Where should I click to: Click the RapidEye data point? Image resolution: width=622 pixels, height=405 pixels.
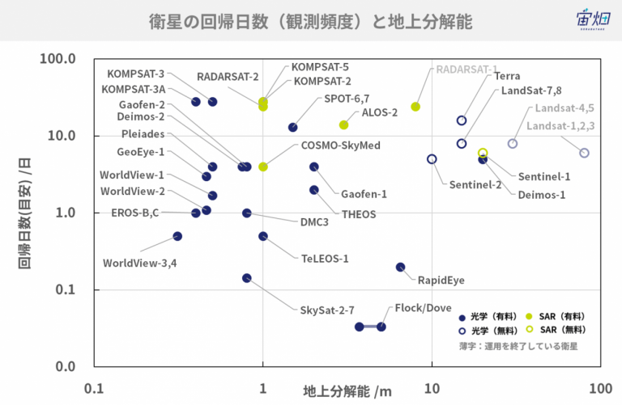[401, 268]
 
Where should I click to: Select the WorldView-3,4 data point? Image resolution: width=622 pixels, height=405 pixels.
[177, 236]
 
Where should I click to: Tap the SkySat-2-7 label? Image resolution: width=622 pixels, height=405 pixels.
[327, 310]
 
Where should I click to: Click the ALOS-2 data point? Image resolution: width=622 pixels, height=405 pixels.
[344, 125]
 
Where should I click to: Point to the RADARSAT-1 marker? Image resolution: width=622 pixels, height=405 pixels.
[415, 107]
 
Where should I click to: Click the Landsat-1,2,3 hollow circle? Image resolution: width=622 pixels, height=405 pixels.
[584, 153]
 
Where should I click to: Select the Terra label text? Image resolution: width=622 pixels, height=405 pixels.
[507, 76]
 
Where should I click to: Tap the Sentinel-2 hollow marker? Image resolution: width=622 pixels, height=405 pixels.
[432, 159]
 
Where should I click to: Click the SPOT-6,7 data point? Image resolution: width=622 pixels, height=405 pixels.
[293, 128]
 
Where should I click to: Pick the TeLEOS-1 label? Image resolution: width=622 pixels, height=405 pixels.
[325, 259]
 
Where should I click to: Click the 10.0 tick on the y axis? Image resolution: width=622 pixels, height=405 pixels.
[62, 136]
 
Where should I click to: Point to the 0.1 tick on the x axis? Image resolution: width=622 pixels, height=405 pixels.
[94, 389]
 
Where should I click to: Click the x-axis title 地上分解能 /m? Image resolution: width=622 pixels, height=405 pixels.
[347, 391]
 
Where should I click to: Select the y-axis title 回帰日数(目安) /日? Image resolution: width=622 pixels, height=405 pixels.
[24, 213]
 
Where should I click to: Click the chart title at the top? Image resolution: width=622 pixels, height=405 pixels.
[311, 21]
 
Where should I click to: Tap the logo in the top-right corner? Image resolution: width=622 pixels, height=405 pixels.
[593, 19]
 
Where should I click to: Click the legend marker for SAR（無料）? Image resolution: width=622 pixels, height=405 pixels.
[529, 329]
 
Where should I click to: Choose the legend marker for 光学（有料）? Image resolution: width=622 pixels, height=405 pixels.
[462, 318]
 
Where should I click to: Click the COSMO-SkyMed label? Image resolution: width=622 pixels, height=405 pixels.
[341, 146]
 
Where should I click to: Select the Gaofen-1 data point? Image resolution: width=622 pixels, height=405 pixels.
[314, 167]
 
